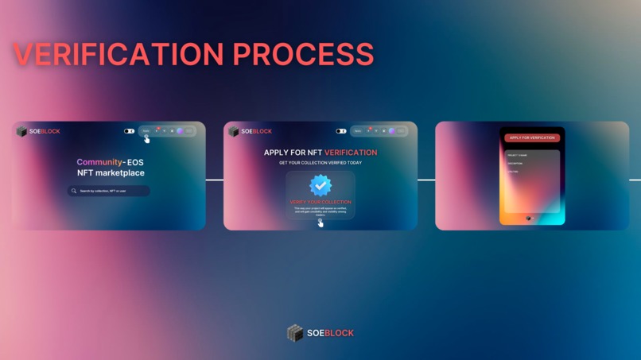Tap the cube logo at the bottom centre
tap(295, 333)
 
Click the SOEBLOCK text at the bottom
tap(331, 333)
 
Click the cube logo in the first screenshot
tap(22, 131)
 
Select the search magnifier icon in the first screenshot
tap(74, 191)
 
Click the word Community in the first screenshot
tap(99, 162)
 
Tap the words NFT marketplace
tap(111, 172)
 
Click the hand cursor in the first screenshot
tap(147, 139)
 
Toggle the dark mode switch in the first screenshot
tap(129, 131)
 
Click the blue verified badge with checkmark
tap(320, 186)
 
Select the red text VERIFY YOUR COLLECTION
tap(320, 202)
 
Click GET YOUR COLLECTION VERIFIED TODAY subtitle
tap(320, 162)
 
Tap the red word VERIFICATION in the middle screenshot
tap(351, 152)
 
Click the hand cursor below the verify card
tap(320, 223)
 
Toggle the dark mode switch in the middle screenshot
tap(340, 131)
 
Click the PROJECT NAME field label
tap(517, 155)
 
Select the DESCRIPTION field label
tap(515, 164)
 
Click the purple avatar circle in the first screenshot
tap(181, 131)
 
